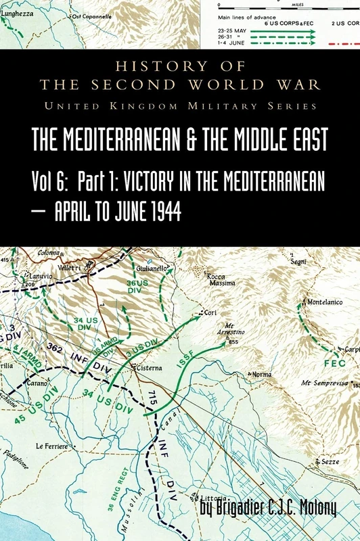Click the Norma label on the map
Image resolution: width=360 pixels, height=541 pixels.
pyautogui.click(x=261, y=374)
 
